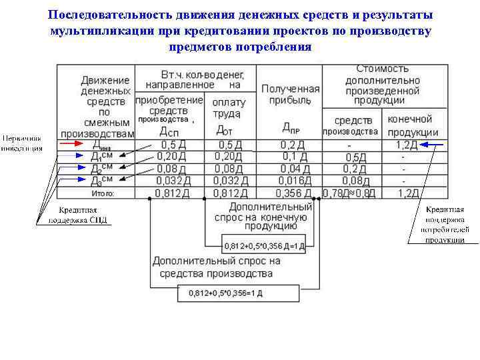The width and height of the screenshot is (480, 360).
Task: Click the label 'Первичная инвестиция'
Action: pyautogui.click(x=22, y=143)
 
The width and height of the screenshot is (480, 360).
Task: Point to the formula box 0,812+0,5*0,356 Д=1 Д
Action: pyautogui.click(x=265, y=245)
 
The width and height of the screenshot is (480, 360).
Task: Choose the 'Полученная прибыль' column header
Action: pyautogui.click(x=290, y=95)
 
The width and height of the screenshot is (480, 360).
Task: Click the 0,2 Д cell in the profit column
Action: pyautogui.click(x=292, y=144)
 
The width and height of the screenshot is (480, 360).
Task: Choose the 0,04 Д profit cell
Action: pyautogui.click(x=293, y=168)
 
